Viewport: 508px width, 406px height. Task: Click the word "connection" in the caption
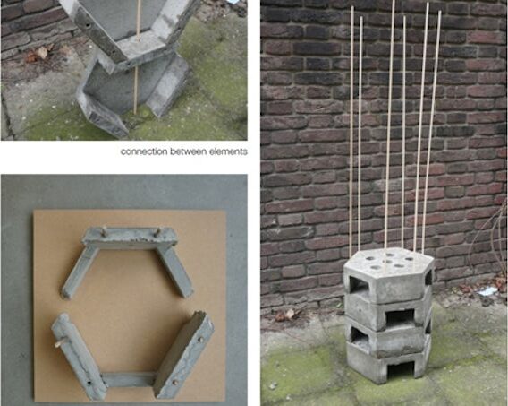tap(144, 151)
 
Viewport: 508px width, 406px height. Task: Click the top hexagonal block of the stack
tap(388, 273)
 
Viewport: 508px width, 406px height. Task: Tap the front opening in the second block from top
tap(400, 317)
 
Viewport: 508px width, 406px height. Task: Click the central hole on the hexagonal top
tap(387, 261)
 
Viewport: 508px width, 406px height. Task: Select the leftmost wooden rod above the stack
tap(351, 131)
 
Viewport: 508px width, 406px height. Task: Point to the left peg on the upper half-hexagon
tap(105, 230)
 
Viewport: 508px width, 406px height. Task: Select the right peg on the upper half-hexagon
tap(157, 232)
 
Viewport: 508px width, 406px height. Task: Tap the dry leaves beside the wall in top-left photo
tap(38, 54)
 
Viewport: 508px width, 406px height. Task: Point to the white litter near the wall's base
tap(488, 290)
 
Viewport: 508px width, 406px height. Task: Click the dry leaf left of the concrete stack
tap(289, 314)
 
